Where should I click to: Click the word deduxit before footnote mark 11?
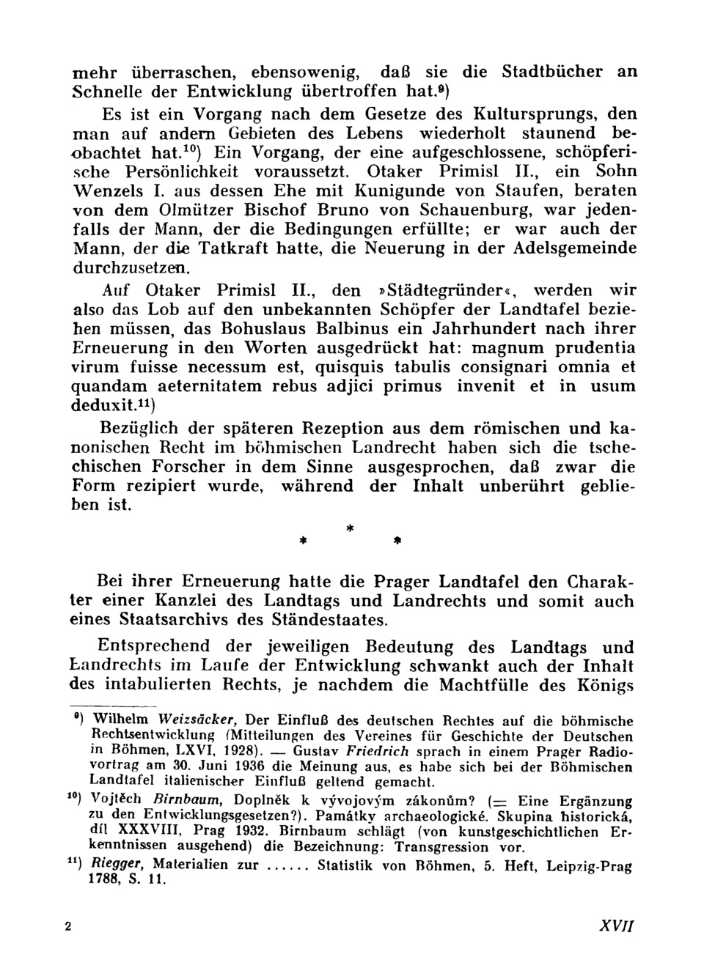pyautogui.click(x=101, y=405)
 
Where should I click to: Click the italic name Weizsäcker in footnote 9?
pyautogui.click(x=197, y=719)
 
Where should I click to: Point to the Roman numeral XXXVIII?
pyautogui.click(x=150, y=831)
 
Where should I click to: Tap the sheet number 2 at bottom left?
pyautogui.click(x=68, y=926)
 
